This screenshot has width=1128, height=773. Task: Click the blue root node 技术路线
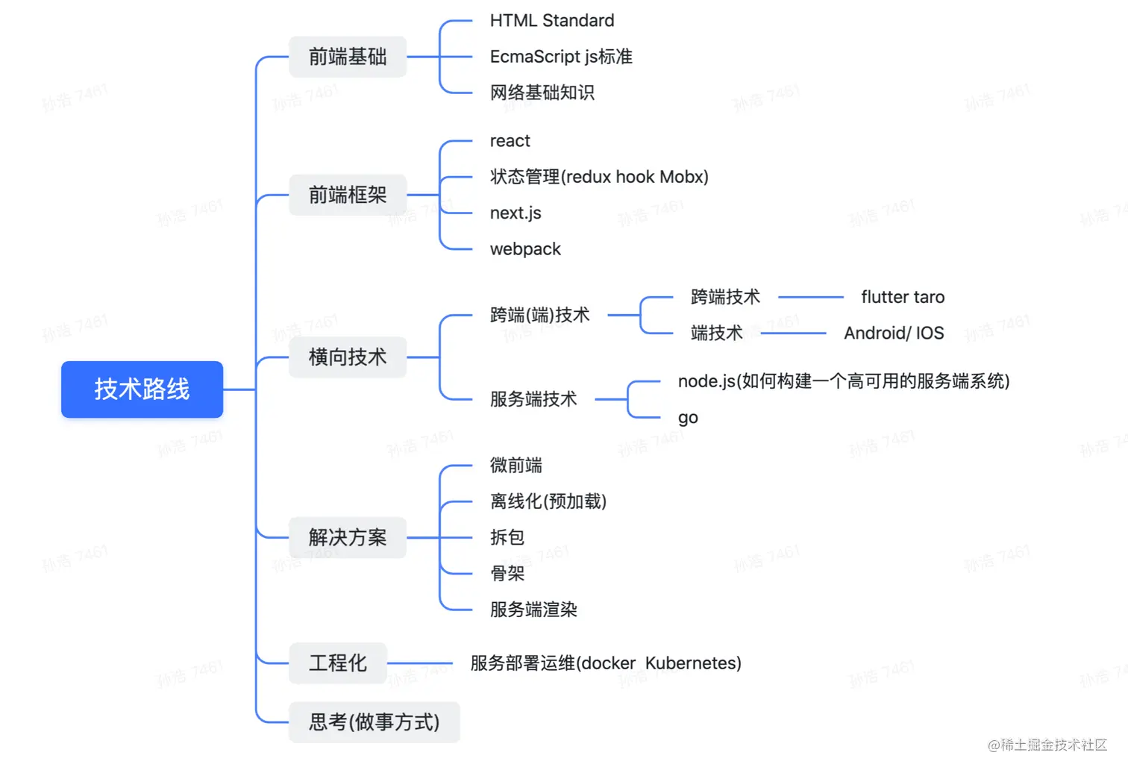pos(142,389)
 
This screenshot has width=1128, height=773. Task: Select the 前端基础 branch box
pos(348,57)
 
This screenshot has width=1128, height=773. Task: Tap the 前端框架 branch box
pos(348,195)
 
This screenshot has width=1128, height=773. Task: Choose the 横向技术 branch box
pos(348,357)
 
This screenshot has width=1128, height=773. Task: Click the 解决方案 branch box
pos(348,537)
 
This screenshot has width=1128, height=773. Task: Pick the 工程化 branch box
pos(337,663)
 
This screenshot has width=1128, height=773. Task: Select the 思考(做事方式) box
pos(374,722)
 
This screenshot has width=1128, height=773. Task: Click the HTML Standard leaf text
pos(552,21)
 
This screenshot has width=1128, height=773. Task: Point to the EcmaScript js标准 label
pos(561,57)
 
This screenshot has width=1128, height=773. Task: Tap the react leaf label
pos(510,141)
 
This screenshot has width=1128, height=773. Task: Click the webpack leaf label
pos(525,249)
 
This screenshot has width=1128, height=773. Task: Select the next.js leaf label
pos(516,213)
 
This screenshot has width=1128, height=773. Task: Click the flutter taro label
pos(903,297)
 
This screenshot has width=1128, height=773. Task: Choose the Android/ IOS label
pos(894,333)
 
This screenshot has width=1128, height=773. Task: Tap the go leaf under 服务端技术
pos(688,418)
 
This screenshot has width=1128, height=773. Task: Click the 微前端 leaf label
pos(516,466)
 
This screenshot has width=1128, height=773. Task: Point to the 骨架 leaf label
pos(507,573)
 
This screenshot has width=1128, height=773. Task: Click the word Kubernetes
pos(693,663)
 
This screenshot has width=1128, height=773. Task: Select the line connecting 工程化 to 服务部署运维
pos(420,663)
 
